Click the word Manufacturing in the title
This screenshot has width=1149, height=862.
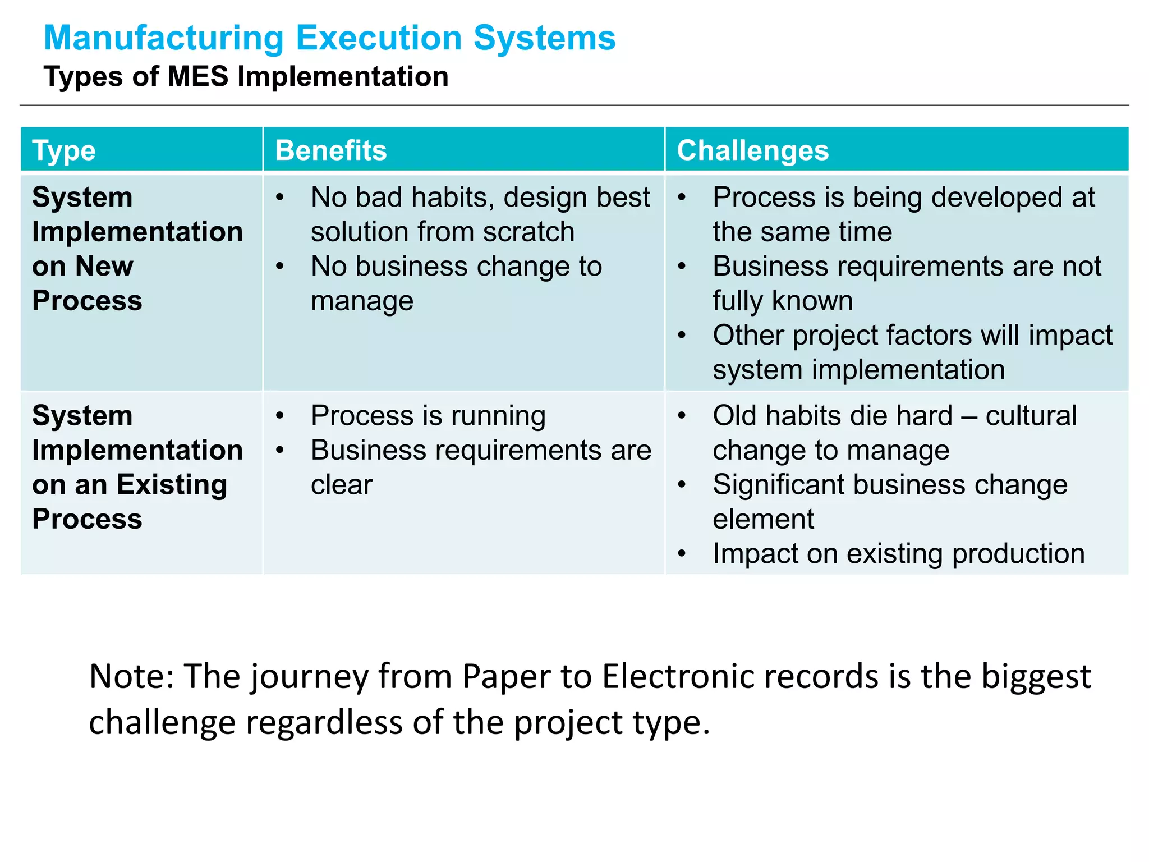click(164, 38)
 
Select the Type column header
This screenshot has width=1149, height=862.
click(64, 150)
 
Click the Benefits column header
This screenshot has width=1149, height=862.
click(331, 150)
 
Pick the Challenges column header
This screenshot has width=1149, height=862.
click(752, 150)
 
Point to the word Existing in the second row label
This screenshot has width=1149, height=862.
click(172, 484)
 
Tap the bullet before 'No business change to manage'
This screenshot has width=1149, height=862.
click(280, 267)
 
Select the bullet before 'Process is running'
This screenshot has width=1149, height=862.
click(280, 416)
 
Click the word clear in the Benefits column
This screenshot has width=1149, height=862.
click(341, 484)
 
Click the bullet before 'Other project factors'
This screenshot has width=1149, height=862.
click(682, 336)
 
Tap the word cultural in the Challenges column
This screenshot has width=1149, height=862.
click(1031, 416)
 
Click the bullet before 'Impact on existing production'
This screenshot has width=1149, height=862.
click(682, 554)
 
